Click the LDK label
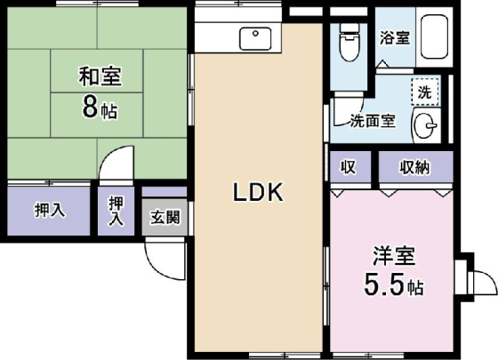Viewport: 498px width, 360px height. (x=258, y=192)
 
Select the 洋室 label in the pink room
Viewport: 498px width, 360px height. (x=394, y=258)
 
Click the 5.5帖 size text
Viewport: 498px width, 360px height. (x=394, y=287)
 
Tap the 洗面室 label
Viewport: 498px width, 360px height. (x=373, y=122)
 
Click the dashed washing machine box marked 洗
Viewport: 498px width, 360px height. (x=424, y=91)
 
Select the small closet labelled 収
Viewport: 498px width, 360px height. (x=349, y=166)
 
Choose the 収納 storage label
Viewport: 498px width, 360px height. (x=414, y=166)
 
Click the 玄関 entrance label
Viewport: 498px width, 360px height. (x=165, y=216)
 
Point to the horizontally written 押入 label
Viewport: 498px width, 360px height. (x=49, y=211)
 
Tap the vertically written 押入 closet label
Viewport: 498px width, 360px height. (x=116, y=212)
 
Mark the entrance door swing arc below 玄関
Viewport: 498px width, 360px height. (x=161, y=259)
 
